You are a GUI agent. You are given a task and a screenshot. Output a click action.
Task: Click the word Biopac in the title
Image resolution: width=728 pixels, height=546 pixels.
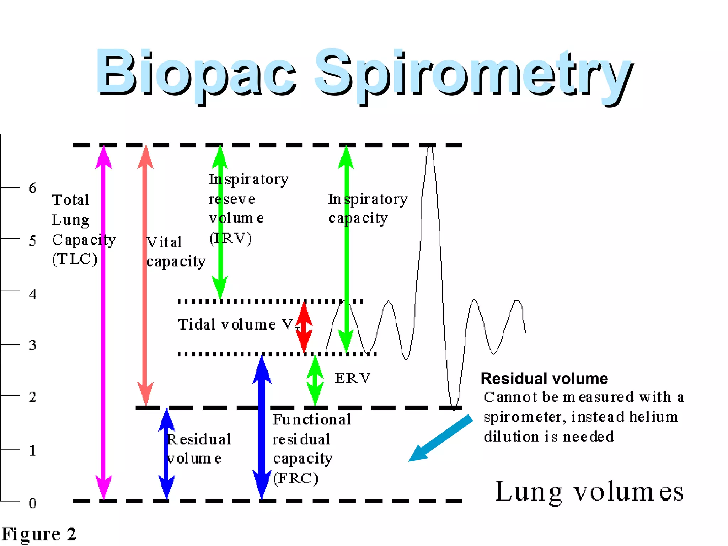click(x=196, y=73)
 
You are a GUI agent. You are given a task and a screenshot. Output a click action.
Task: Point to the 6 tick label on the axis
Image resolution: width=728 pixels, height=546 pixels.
click(x=33, y=188)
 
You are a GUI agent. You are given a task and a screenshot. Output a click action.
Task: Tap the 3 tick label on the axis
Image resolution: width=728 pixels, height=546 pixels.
click(x=33, y=345)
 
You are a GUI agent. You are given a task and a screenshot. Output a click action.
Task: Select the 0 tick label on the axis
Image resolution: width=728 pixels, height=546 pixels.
click(x=33, y=503)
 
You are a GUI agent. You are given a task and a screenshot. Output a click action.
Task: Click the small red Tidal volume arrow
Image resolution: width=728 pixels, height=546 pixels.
click(x=304, y=327)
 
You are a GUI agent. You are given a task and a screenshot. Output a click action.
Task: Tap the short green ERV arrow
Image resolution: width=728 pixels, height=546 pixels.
click(x=315, y=380)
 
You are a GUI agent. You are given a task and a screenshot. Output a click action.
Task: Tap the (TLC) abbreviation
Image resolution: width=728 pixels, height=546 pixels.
click(x=75, y=259)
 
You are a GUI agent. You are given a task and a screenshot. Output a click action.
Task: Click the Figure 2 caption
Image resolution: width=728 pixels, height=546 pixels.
click(x=39, y=534)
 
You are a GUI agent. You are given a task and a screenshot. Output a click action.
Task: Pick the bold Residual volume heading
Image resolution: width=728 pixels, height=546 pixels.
click(x=544, y=379)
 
